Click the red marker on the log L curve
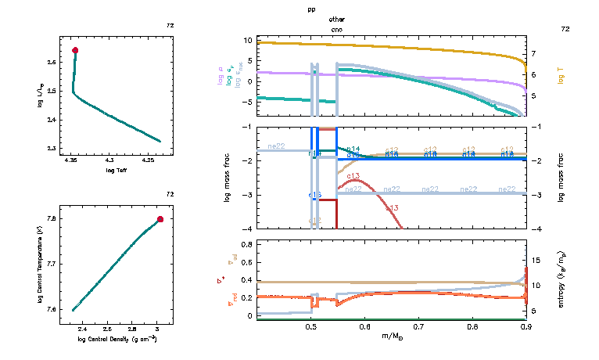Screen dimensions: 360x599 pos(75,50)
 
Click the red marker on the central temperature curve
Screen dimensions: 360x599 pos(160,219)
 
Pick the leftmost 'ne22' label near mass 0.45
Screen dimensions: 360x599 pos(276,146)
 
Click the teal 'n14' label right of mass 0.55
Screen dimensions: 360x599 pos(353,148)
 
